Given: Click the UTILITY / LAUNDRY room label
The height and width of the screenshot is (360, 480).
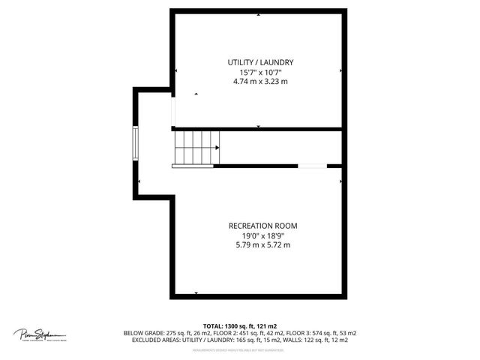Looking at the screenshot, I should point(260,62).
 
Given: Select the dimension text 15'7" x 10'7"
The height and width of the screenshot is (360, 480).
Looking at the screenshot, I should point(260,72).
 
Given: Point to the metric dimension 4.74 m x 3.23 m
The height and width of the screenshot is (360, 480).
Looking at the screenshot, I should point(260,81).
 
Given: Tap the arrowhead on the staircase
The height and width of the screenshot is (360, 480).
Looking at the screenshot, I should point(217,148).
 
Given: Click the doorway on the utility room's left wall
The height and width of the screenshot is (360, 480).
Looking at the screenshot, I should point(173,112).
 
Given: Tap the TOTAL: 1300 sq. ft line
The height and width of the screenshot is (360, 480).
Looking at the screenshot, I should point(239,325).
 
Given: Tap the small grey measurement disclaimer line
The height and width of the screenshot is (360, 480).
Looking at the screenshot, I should point(238,350).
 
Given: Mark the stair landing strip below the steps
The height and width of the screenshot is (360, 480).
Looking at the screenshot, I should point(193,166).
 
